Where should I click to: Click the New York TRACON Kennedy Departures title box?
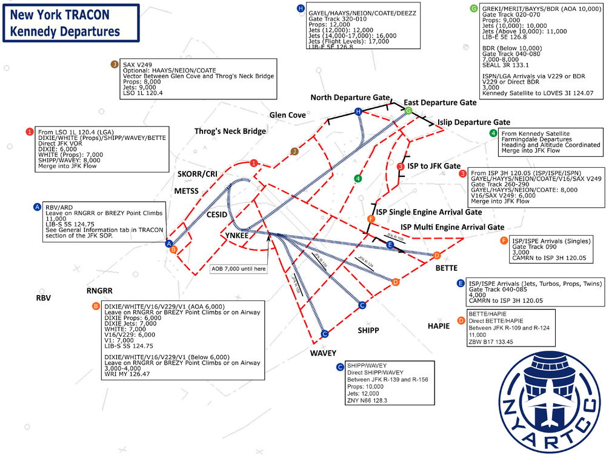pyautogui.click(x=70, y=24)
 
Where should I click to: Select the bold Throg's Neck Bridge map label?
pyautogui.click(x=230, y=131)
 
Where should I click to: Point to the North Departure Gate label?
pyautogui.click(x=349, y=98)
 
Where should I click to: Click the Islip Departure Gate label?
pyautogui.click(x=473, y=122)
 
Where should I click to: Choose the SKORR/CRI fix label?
pyautogui.click(x=197, y=174)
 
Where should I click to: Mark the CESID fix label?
pyautogui.click(x=216, y=214)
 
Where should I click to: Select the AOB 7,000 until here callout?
pyautogui.click(x=239, y=268)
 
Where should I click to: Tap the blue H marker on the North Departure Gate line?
pyautogui.click(x=359, y=111)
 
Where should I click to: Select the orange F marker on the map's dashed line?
pyautogui.click(x=371, y=219)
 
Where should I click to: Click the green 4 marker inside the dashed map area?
pyautogui.click(x=358, y=178)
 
